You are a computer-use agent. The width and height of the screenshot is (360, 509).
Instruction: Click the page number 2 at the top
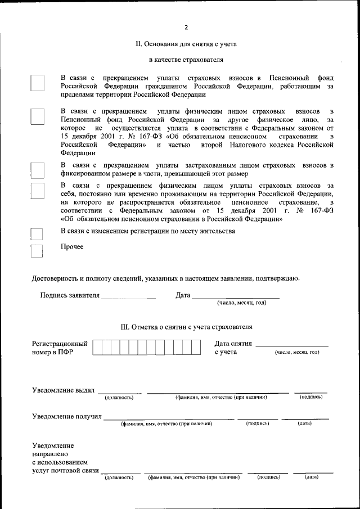tap(186, 28)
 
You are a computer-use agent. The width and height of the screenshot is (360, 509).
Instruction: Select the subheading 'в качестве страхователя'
tap(186, 59)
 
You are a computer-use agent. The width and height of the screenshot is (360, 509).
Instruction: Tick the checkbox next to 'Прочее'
tap(37, 250)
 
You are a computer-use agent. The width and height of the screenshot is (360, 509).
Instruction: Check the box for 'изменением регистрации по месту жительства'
tap(37, 235)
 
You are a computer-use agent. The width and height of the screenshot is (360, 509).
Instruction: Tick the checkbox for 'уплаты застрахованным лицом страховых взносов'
tap(37, 170)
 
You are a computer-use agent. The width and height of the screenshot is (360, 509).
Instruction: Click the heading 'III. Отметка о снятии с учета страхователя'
tap(186, 326)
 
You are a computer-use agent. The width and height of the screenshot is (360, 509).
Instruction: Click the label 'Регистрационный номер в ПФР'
tap(59, 348)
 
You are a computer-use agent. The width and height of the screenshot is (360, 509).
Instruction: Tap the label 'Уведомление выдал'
tap(63, 390)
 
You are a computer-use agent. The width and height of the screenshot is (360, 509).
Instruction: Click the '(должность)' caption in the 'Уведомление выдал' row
tap(119, 398)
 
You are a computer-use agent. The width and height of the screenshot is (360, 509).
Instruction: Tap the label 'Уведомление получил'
tap(66, 416)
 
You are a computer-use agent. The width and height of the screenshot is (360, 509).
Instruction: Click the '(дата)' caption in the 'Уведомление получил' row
tap(304, 424)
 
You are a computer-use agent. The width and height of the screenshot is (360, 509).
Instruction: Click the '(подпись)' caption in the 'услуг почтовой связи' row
tap(268, 477)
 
